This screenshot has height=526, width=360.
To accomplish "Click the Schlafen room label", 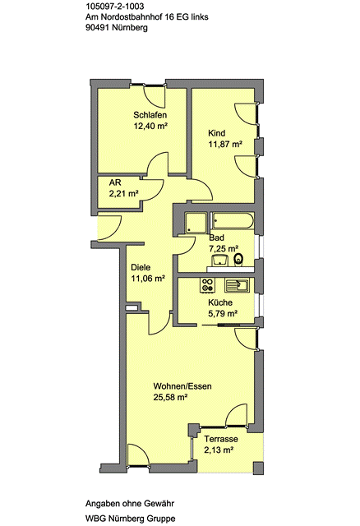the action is pyautogui.click(x=150, y=115).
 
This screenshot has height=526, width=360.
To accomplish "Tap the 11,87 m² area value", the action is pyautogui.click(x=225, y=145).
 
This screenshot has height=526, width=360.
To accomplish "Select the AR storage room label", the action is pyautogui.click(x=115, y=182).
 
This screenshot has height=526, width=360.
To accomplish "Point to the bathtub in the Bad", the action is pyautogui.click(x=232, y=220).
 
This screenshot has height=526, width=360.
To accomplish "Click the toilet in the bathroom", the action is pyautogui.click(x=238, y=259).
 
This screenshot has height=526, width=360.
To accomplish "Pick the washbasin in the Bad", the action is pyautogui.click(x=219, y=260).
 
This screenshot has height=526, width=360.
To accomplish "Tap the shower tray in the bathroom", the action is pyautogui.click(x=196, y=223).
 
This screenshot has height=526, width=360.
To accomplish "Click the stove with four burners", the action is pyautogui.click(x=207, y=285).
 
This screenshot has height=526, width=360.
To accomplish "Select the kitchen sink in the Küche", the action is pyautogui.click(x=237, y=285).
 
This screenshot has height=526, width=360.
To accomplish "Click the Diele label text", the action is pyautogui.click(x=141, y=268).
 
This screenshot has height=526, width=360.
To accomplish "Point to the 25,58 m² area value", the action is pyautogui.click(x=170, y=398).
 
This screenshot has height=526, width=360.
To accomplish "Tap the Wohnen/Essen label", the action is pyautogui.click(x=182, y=386).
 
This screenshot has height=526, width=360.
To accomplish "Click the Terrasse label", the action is pyautogui.click(x=221, y=439).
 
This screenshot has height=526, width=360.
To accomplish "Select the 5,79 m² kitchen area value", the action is pyautogui.click(x=223, y=314).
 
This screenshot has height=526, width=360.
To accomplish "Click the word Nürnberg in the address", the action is pyautogui.click(x=130, y=28).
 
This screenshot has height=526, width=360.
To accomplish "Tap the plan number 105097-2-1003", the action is pyautogui.click(x=115, y=6).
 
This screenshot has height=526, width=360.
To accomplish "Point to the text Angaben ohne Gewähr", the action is pyautogui.click(x=130, y=504).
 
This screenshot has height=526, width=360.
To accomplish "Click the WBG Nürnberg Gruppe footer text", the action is pyautogui.click(x=130, y=519).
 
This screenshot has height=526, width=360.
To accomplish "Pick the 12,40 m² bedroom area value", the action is pyautogui.click(x=150, y=126).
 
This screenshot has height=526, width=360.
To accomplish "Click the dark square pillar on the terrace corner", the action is pyautogui.click(x=258, y=468).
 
